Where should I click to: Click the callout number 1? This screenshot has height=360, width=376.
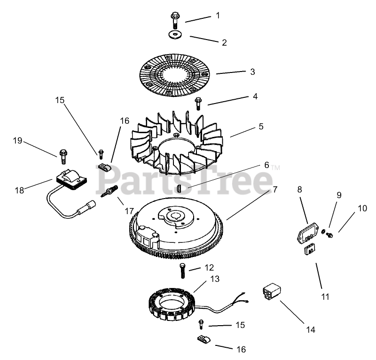(218, 16)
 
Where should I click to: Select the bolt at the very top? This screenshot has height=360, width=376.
(175, 18)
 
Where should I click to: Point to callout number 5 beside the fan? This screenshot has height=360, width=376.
(261, 126)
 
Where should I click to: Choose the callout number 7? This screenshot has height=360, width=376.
(275, 190)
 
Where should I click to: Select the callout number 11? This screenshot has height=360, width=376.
(325, 297)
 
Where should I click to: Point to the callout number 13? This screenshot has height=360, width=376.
(215, 279)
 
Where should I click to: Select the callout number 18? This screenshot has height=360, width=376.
(19, 190)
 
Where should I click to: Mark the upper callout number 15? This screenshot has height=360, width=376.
(59, 100)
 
